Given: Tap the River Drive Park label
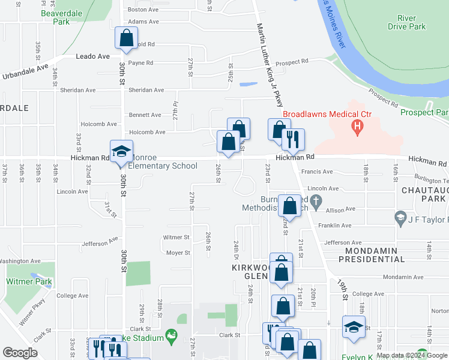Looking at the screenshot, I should click(406, 23).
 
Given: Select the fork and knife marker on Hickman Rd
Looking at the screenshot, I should click(294, 139).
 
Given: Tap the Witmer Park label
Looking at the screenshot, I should click(29, 281).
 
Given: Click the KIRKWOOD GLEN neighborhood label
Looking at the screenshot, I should click(247, 271).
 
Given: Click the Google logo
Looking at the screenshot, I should click(20, 353).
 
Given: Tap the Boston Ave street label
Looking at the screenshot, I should click(142, 10).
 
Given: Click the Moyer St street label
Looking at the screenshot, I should click(178, 253).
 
